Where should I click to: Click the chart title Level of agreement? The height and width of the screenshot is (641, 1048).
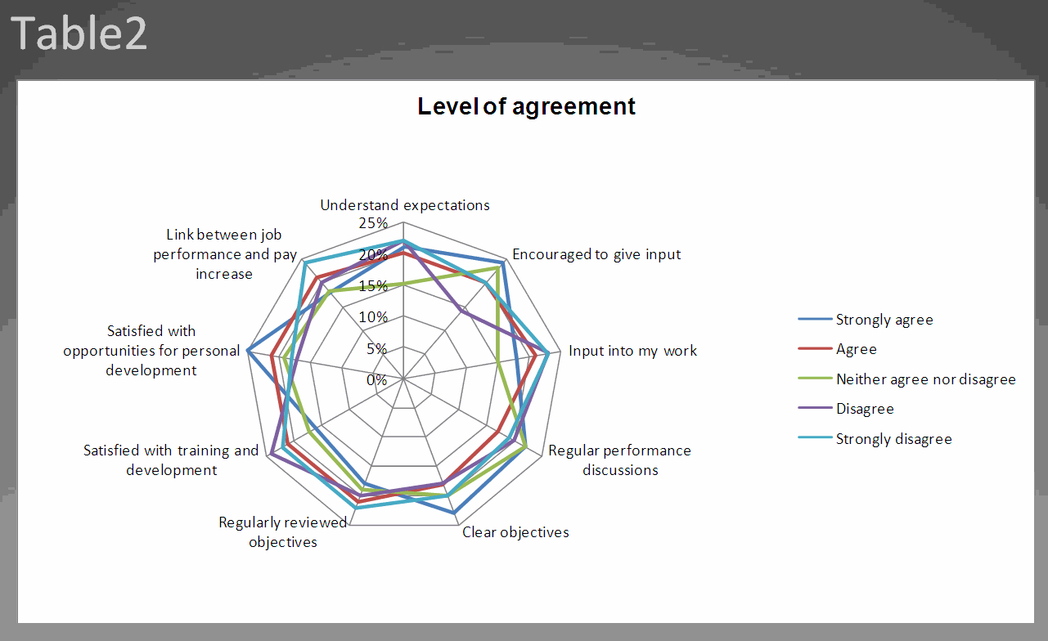coord(526,106)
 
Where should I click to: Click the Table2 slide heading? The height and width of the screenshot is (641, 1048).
coord(79,34)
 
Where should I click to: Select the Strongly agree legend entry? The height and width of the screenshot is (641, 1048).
coord(884,320)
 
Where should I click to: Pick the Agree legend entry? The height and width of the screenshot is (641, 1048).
coord(856,349)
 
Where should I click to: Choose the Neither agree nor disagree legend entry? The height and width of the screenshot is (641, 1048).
coord(925,379)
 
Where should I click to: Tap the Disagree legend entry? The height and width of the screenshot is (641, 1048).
coord(864,409)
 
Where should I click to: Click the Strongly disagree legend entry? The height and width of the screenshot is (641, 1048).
coord(893,439)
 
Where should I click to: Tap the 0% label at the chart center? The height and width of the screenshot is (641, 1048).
coord(376,380)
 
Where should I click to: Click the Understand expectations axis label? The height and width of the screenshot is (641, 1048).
coord(405,205)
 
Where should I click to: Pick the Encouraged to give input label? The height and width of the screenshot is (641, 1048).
coord(596,254)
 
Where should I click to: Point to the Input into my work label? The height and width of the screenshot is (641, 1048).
coord(633,351)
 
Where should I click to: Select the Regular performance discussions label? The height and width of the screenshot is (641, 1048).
coord(620,460)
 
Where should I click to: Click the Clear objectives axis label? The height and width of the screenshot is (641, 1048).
coord(515,532)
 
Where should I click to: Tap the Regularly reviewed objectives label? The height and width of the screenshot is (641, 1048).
coord(283,532)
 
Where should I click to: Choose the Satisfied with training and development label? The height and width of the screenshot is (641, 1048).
coord(171,460)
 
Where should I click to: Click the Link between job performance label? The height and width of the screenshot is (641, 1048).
coord(225,254)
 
